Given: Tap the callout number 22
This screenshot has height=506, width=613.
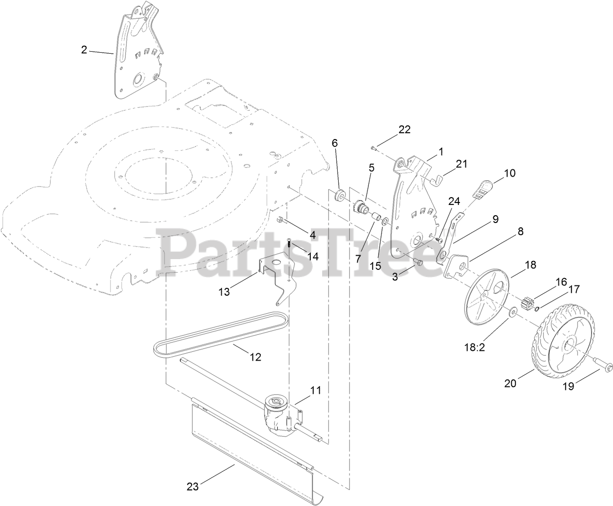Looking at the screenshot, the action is (404, 129).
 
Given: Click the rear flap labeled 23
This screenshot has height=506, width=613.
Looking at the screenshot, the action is (253, 449).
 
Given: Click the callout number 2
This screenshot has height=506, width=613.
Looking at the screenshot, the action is (84, 50).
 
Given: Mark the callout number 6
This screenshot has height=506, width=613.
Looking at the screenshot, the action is (334, 143).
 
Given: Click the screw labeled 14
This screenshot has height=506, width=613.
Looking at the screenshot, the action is (289, 242).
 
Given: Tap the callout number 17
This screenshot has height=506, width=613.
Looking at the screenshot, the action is (574, 289).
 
